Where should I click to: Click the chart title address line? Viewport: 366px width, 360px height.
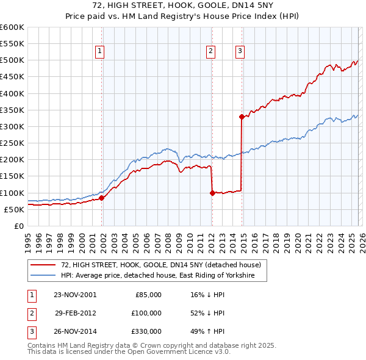click(x=183, y=5)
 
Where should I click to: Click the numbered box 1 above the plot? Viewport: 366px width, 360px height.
click(x=99, y=52)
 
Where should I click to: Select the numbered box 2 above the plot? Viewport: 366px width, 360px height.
click(x=210, y=52)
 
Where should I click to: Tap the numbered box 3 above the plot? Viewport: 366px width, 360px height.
click(x=240, y=52)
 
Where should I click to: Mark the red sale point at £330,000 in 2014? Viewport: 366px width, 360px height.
click(x=242, y=117)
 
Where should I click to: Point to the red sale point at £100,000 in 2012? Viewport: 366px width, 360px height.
click(x=212, y=193)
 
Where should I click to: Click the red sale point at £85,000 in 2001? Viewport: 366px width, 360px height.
click(x=102, y=198)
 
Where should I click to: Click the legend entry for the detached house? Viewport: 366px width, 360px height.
click(x=161, y=265)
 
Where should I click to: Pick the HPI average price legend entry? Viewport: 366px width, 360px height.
click(x=163, y=276)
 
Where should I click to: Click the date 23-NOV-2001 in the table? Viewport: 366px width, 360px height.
click(x=75, y=295)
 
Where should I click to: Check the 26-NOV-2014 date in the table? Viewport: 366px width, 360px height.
click(x=75, y=331)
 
